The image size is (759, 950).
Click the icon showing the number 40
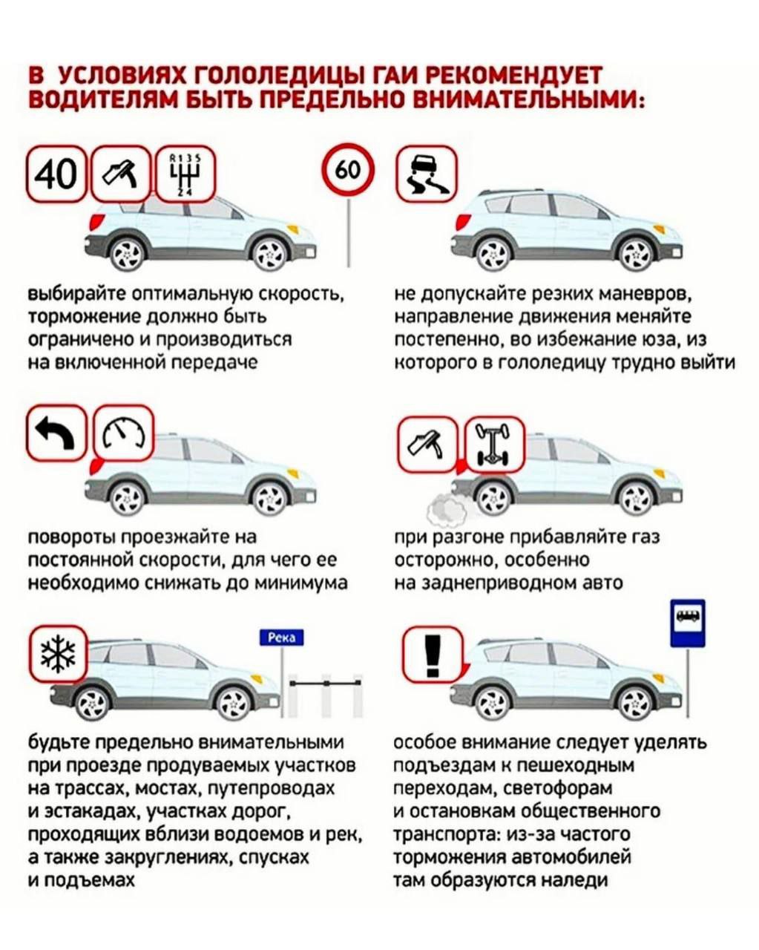(56, 174)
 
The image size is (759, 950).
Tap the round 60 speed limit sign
(348, 169)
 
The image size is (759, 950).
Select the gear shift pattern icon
(185, 174)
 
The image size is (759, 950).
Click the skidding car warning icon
(427, 174)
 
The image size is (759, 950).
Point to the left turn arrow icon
(56, 433)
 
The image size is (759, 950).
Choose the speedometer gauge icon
(124, 433)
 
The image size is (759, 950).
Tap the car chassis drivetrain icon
(496, 444)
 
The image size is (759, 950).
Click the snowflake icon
(59, 654)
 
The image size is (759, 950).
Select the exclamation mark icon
(433, 655)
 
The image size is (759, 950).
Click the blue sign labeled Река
(281, 638)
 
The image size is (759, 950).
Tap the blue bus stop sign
(688, 623)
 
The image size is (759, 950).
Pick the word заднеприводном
(500, 583)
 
